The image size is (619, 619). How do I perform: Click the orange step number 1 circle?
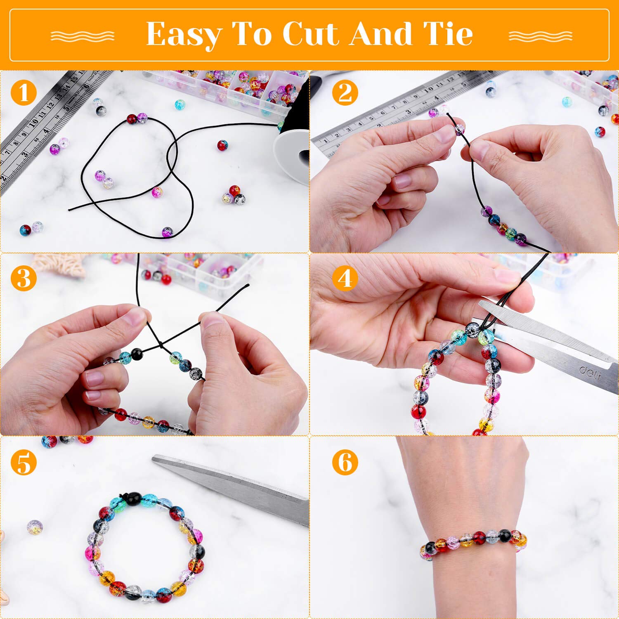(24, 92)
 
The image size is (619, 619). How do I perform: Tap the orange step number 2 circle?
(345, 92)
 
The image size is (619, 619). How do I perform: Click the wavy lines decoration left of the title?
(83, 36)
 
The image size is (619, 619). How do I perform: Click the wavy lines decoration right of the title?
(541, 36)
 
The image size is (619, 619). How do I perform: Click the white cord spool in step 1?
(292, 155)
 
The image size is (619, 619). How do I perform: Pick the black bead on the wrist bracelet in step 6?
(504, 536)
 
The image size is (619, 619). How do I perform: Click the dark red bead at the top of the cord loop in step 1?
(132, 119)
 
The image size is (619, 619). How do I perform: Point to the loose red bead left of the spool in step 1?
(222, 145)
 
